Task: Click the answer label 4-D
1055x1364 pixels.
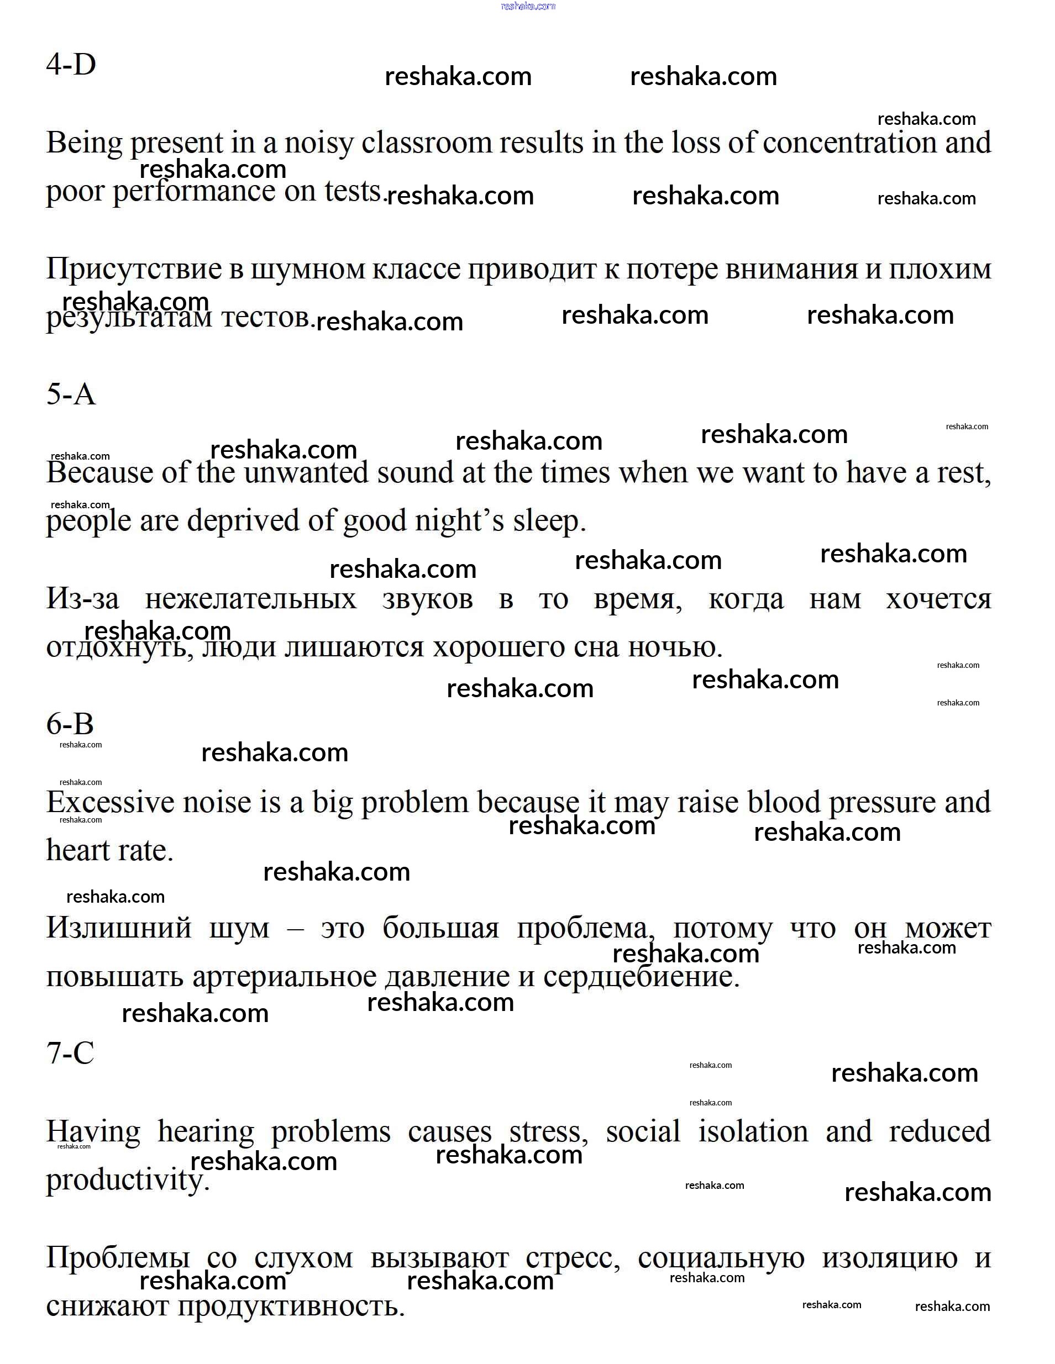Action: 71,64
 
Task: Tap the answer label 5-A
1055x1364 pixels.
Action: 71,394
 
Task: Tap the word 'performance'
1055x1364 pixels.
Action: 193,191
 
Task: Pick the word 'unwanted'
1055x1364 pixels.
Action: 306,473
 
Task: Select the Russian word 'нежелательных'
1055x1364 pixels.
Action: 250,599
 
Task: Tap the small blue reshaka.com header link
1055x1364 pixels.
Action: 528,6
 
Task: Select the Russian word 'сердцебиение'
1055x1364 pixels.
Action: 641,977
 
